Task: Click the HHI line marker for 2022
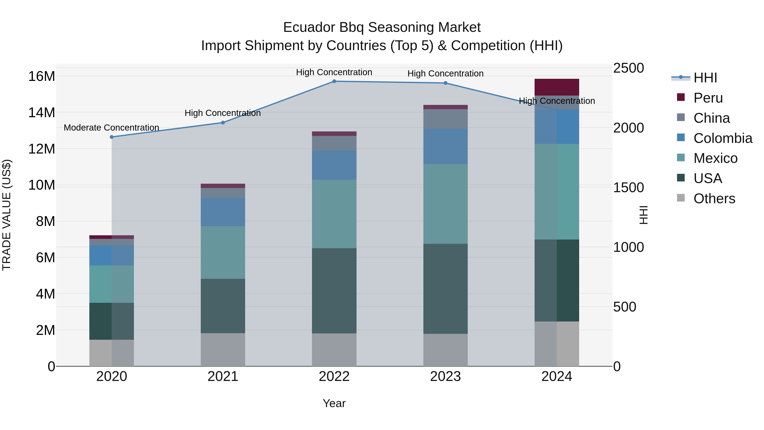334,81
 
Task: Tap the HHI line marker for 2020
111,137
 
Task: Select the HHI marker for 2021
223,123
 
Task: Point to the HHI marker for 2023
445,83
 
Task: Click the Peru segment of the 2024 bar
556,87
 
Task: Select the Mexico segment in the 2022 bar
334,214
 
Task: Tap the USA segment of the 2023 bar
445,289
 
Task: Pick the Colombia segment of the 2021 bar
223,212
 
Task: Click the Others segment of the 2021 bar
223,350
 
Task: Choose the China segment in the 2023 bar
445,119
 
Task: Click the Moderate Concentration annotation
111,128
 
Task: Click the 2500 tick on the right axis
628,68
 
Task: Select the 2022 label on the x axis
334,376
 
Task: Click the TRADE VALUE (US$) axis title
7,215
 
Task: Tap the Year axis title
334,403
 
